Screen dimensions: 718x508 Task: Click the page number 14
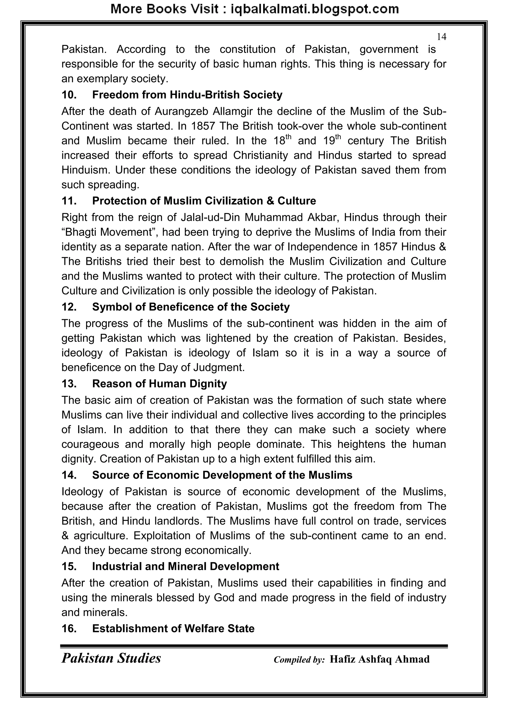(441, 37)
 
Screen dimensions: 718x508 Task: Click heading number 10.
(69, 95)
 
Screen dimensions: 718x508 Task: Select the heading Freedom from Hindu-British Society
(187, 95)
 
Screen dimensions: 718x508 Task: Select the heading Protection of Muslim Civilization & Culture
(204, 201)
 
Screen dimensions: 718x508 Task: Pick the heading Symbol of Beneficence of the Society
(191, 307)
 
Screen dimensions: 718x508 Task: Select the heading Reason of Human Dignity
(159, 384)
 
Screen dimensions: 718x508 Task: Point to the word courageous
(90, 444)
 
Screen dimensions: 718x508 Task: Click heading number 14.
(69, 475)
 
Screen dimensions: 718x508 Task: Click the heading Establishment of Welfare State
(173, 628)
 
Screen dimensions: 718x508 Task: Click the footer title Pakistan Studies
(111, 658)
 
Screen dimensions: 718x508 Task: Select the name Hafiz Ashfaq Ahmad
(380, 659)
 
